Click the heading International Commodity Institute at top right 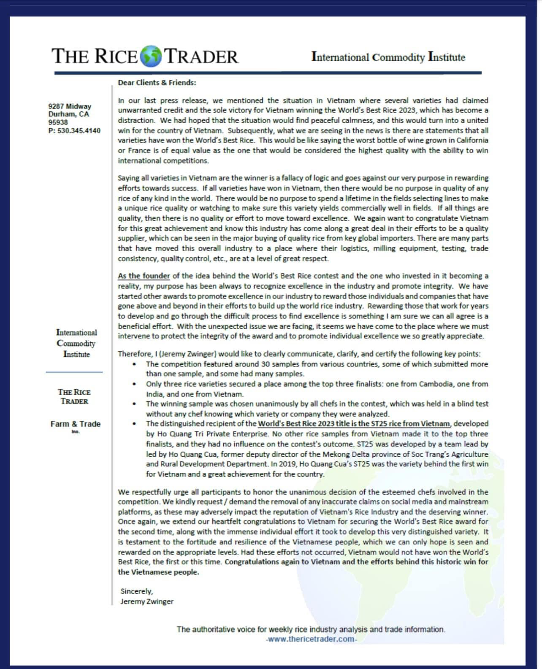point(388,57)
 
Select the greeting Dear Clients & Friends point(157,83)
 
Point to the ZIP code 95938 point(58,122)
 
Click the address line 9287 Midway point(70,106)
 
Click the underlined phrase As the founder point(144,276)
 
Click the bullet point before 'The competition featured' point(134,364)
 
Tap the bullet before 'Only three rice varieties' point(134,384)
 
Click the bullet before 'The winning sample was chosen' point(134,404)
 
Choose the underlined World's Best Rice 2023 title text point(354,424)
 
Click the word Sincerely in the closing point(137,591)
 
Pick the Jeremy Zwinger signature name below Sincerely point(147,601)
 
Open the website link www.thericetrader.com point(311,639)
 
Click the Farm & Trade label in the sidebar point(76,424)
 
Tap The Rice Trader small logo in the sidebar point(74,396)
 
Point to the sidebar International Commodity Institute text point(76,343)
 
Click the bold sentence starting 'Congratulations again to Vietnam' point(356,562)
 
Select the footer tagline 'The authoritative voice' point(311,629)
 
